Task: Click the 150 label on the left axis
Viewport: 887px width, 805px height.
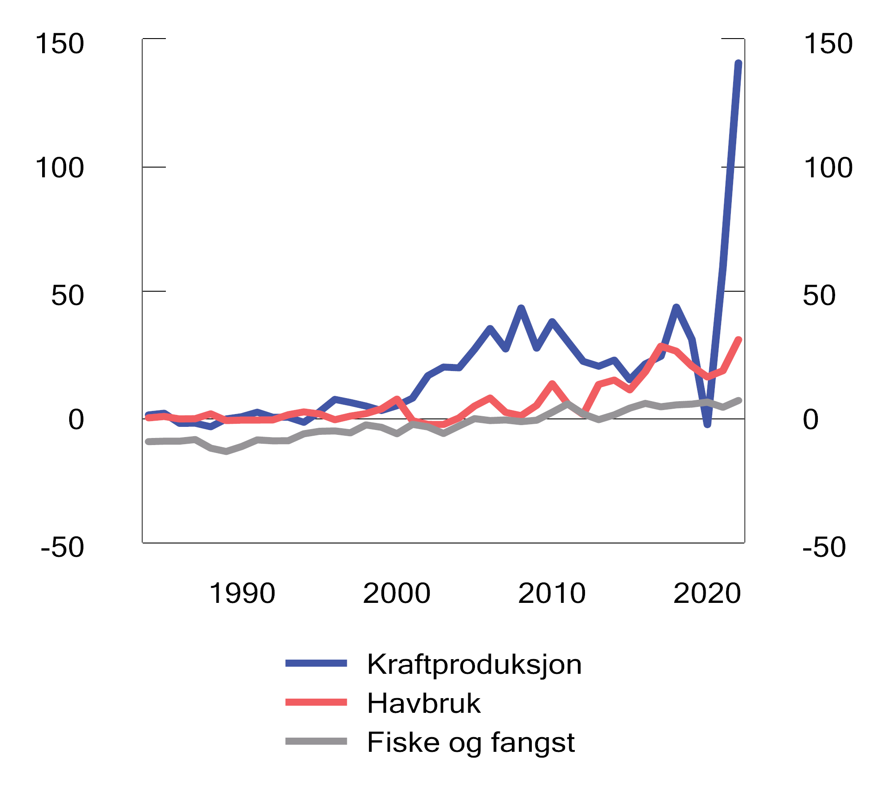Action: (x=60, y=44)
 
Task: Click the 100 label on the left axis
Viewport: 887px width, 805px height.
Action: (x=60, y=168)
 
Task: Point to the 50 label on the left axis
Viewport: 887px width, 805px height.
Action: (x=67, y=296)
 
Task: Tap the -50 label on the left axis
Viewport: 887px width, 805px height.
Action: (x=63, y=547)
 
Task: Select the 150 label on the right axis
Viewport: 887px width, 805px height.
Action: (x=828, y=44)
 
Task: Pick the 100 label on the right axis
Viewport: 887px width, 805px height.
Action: (x=828, y=168)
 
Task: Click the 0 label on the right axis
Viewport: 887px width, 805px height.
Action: (x=811, y=419)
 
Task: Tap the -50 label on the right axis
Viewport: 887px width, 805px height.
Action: (x=824, y=547)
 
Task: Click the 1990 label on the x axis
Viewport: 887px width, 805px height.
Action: (x=242, y=593)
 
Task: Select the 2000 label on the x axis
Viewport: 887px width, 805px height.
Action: (x=397, y=593)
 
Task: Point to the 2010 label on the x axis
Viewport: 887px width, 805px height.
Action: (x=552, y=593)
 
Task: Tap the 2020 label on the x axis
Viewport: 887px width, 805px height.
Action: (x=707, y=593)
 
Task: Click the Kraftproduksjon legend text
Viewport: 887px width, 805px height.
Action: (x=474, y=664)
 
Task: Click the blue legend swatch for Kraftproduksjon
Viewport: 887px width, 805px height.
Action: (x=316, y=664)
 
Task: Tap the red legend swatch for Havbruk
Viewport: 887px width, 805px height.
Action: (x=316, y=702)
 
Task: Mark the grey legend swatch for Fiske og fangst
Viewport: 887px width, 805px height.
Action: (x=316, y=741)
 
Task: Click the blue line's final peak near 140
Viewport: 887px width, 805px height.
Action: (x=738, y=63)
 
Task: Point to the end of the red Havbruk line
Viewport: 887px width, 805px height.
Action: (x=738, y=340)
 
